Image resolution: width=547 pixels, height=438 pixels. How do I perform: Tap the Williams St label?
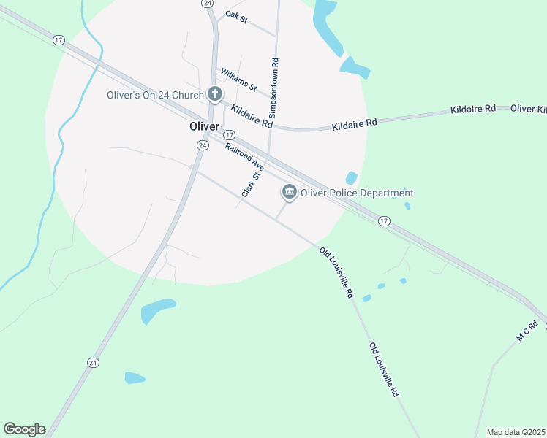point(238,80)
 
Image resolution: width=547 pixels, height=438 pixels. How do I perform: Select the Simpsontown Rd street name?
point(273,89)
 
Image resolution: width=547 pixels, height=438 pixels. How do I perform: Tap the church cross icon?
point(215,93)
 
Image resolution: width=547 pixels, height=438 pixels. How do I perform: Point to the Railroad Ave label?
point(244,158)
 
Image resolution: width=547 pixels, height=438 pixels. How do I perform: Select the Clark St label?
point(252,184)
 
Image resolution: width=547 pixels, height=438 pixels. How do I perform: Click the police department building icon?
point(289,192)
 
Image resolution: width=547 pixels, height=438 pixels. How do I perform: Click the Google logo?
point(24,429)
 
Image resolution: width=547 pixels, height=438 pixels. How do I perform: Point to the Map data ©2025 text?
point(515,432)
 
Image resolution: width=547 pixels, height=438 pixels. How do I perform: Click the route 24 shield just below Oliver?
point(201,145)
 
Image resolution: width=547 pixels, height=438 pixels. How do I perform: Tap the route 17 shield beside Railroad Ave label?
point(229,135)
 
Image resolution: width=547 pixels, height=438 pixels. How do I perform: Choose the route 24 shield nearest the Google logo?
point(93,362)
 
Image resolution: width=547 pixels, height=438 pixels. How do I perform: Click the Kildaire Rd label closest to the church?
point(251,113)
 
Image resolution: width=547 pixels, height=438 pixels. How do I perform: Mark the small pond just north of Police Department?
point(352,177)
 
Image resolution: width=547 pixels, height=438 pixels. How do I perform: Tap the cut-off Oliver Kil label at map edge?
point(528,109)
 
